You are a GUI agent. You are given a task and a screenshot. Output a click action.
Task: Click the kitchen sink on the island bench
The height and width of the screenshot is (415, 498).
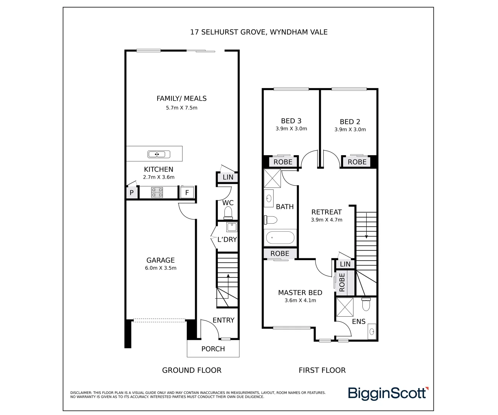[x=159, y=154]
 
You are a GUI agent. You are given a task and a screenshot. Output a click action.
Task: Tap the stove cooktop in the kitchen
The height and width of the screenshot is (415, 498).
[x=157, y=192]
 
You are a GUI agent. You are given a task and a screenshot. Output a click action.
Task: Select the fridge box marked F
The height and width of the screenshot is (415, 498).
[x=187, y=192]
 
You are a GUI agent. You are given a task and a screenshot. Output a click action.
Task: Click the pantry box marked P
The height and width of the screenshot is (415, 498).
[x=131, y=193]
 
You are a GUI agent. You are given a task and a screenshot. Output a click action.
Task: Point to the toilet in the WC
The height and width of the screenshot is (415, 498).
[x=228, y=212]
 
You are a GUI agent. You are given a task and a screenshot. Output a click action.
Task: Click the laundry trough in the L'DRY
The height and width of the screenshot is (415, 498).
[x=231, y=227]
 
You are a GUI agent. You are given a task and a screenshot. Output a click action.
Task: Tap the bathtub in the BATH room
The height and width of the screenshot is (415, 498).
[x=280, y=237]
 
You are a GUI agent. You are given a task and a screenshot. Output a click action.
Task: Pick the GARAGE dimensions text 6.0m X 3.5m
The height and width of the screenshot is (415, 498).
[x=161, y=268]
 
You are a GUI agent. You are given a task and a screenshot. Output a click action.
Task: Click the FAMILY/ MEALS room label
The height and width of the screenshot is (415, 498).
[x=181, y=98]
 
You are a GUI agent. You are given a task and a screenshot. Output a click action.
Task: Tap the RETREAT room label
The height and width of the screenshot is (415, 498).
[x=326, y=212]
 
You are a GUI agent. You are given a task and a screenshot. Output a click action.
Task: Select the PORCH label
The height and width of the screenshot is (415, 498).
[x=213, y=349]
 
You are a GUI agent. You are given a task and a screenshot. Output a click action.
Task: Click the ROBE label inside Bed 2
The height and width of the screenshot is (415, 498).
[x=357, y=162]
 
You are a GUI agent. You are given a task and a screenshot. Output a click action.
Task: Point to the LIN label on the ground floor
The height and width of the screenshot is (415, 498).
[x=228, y=177]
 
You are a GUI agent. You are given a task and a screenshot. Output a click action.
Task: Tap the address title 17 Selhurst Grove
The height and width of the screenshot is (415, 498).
[x=259, y=32]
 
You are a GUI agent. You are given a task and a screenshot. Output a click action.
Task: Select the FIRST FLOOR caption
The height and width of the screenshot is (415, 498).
[x=322, y=370]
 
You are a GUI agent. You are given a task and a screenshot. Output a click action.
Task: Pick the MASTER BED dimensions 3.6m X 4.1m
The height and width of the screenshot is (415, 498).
[x=300, y=300]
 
